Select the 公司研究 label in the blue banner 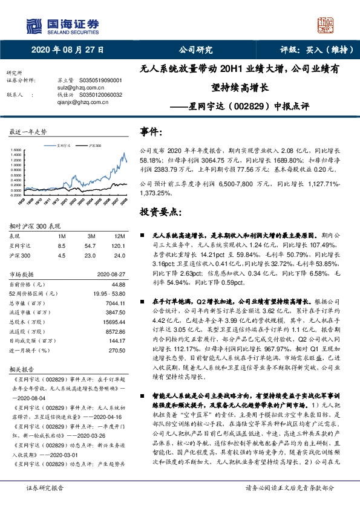(x=195, y=50)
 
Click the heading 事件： (x=152, y=131)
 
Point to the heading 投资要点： (x=161, y=212)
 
